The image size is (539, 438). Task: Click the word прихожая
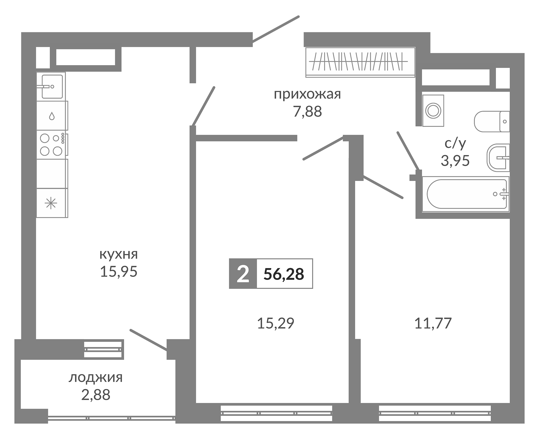(307, 95)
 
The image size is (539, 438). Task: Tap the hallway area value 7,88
(307, 112)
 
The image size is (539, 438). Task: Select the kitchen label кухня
(118, 254)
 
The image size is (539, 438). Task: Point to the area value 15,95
(118, 271)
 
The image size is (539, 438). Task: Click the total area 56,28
(284, 274)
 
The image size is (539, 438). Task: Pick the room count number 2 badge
(243, 274)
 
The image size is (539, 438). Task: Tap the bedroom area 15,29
(275, 323)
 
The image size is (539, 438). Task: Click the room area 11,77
(433, 323)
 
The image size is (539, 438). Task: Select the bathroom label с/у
(455, 144)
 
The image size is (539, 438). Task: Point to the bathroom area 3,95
(455, 161)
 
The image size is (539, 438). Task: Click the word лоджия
(95, 378)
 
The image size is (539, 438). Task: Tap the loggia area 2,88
(95, 395)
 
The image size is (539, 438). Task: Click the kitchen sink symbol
(52, 87)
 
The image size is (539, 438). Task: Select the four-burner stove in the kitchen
(51, 145)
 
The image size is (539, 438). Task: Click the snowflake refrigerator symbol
(51, 203)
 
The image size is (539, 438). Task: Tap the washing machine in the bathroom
(433, 111)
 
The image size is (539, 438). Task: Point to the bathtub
(465, 194)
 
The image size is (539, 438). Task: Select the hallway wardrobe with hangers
(360, 62)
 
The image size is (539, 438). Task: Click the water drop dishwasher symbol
(52, 116)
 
